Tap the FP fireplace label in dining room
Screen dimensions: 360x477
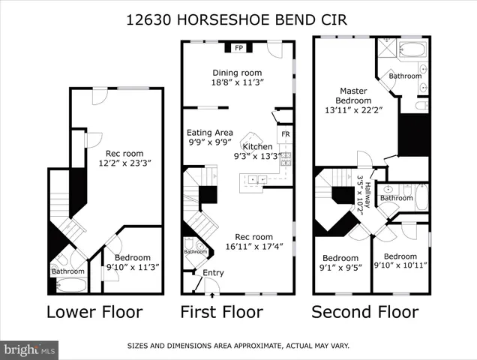tap(240, 49)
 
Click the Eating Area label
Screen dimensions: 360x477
tap(210, 132)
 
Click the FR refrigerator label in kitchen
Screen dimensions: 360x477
tap(285, 135)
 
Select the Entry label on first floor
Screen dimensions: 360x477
tap(213, 272)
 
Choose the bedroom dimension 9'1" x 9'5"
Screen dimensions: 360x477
tap(340, 265)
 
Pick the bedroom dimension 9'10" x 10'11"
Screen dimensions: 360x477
tap(400, 265)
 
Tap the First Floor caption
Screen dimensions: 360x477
tap(222, 311)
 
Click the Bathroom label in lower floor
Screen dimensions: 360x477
tap(67, 271)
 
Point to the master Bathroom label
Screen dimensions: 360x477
tap(405, 76)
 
